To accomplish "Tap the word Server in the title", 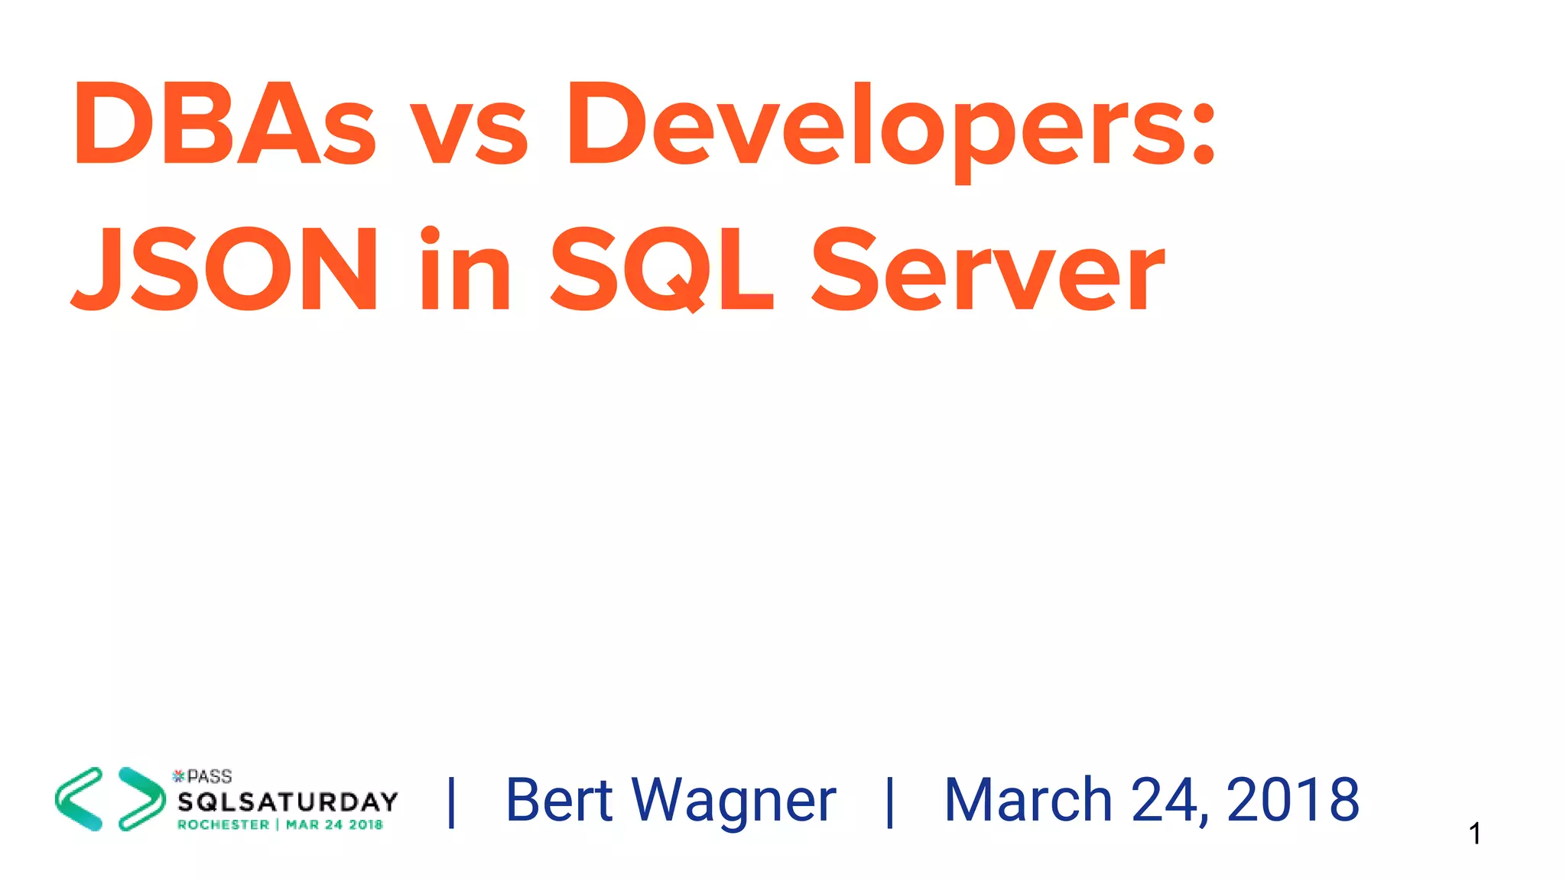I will (x=987, y=271).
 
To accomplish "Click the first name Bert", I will (x=559, y=800).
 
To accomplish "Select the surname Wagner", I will (x=734, y=801).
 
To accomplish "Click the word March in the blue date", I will (x=1028, y=800).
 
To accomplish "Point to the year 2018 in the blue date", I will (x=1292, y=800).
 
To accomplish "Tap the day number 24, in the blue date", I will (x=1170, y=801).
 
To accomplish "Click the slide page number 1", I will (x=1475, y=834).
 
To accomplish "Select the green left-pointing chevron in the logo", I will (x=80, y=799).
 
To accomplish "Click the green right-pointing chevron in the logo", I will (x=141, y=799).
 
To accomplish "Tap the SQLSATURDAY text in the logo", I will (x=288, y=801).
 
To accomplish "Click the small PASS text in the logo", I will (x=209, y=777).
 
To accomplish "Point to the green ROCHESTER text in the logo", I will (x=223, y=824).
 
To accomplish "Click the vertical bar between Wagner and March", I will (x=889, y=801).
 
